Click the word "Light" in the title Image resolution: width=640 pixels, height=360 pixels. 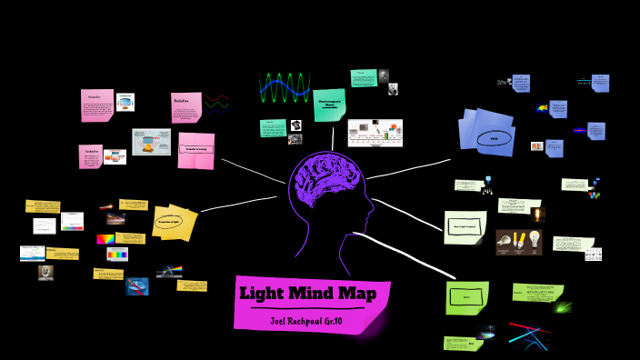(x=263, y=293)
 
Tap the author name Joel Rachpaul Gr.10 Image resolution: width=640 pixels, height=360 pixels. (x=313, y=320)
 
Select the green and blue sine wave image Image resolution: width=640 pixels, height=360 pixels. (x=285, y=88)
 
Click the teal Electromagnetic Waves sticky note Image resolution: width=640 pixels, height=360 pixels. (x=329, y=105)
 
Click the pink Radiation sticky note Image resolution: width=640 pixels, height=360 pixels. (x=185, y=107)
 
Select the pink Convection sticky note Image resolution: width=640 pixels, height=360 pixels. (x=95, y=105)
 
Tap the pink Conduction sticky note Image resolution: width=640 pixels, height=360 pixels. (x=90, y=155)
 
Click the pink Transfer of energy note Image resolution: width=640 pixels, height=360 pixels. (x=196, y=150)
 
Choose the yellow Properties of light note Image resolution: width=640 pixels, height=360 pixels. (x=175, y=221)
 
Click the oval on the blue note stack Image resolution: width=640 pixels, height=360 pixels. (x=494, y=139)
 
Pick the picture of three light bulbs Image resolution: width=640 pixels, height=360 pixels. (x=519, y=242)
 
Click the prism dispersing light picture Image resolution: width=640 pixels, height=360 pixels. (x=169, y=271)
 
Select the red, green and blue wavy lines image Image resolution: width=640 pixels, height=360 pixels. (x=216, y=102)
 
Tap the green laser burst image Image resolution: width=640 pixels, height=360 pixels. (x=561, y=307)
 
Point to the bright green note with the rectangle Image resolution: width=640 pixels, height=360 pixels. (x=466, y=296)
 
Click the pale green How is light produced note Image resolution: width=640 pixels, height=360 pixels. (x=465, y=227)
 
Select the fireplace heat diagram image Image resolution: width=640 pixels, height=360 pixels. (x=151, y=142)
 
